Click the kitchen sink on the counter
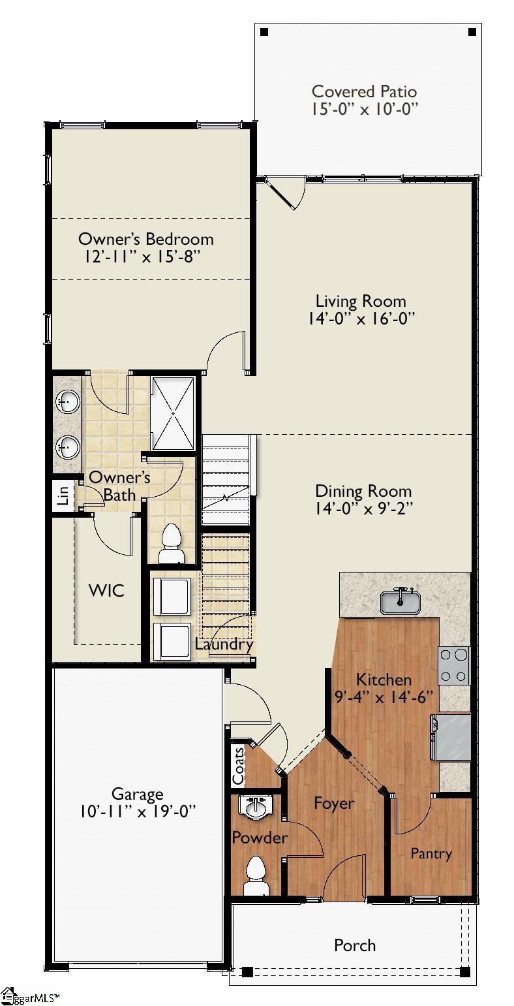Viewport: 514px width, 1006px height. tap(401, 601)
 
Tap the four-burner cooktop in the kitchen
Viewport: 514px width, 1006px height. tap(455, 665)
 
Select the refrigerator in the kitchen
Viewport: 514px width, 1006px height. tap(451, 737)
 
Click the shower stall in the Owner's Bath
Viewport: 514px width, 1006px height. tap(173, 413)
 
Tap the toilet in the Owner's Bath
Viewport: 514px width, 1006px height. tap(172, 543)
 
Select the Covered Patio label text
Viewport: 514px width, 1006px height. tap(364, 91)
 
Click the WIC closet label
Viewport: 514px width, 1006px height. tap(106, 591)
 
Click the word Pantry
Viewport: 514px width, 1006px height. tap(431, 853)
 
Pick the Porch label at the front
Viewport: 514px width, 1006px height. tap(355, 945)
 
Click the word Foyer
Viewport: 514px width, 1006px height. tap(333, 803)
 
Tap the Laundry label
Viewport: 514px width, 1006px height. tap(224, 644)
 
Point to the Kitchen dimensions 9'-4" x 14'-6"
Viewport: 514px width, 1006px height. tap(384, 697)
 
